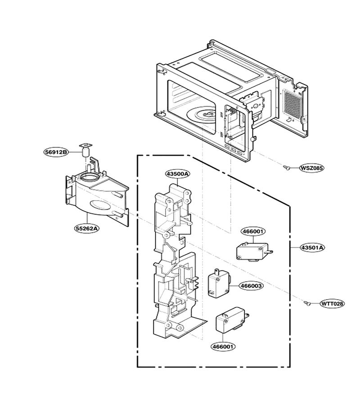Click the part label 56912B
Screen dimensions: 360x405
click(x=55, y=152)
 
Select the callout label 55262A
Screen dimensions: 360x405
click(x=87, y=228)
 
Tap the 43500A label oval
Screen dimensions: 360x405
click(x=178, y=174)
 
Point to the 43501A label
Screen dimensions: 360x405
click(x=312, y=247)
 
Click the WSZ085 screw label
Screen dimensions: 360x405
click(x=311, y=168)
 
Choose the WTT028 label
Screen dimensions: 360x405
click(x=333, y=303)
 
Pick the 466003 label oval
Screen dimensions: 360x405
click(x=251, y=286)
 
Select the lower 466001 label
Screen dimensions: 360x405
click(x=223, y=346)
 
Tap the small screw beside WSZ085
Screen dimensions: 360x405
click(x=286, y=167)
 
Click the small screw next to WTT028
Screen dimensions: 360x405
click(x=307, y=303)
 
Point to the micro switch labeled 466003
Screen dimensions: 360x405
click(x=219, y=283)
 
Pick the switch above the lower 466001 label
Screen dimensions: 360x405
click(x=232, y=320)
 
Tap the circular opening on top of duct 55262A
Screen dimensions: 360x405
click(x=89, y=177)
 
